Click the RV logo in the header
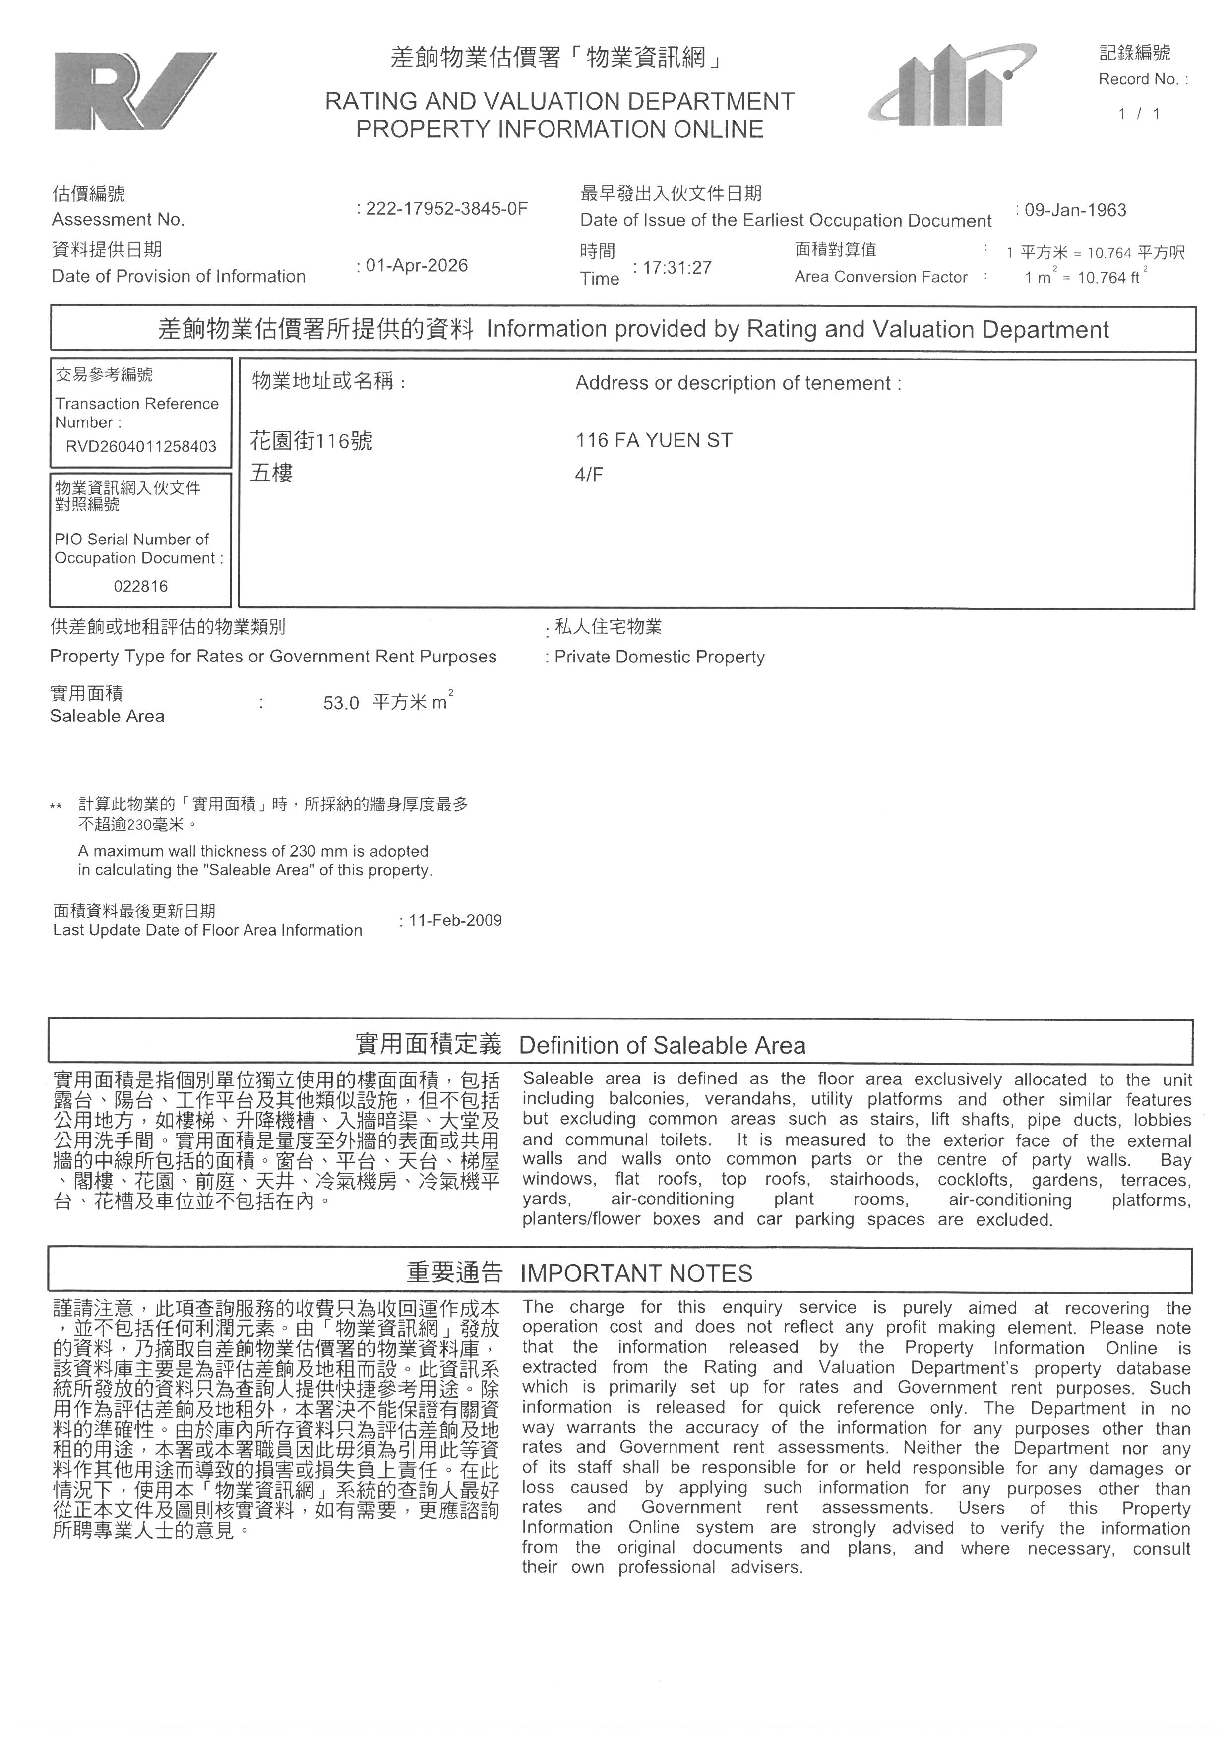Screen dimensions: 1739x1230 tap(134, 91)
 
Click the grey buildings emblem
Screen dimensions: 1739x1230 tap(951, 85)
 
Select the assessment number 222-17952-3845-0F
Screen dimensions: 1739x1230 tap(446, 209)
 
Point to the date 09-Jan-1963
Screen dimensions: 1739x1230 tap(1075, 210)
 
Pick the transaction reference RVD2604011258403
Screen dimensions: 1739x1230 tap(141, 446)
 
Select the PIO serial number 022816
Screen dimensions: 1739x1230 tap(141, 586)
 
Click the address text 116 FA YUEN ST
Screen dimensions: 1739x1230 tap(654, 441)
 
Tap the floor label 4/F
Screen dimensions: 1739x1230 tap(589, 476)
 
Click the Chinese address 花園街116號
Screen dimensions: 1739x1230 tap(311, 441)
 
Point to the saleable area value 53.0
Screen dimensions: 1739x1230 tap(341, 703)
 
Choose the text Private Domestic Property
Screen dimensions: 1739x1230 tap(659, 657)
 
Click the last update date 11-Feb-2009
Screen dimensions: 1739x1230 tap(455, 920)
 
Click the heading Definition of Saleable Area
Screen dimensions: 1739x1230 tap(662, 1045)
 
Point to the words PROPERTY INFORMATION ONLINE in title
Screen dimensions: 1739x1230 tap(560, 129)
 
